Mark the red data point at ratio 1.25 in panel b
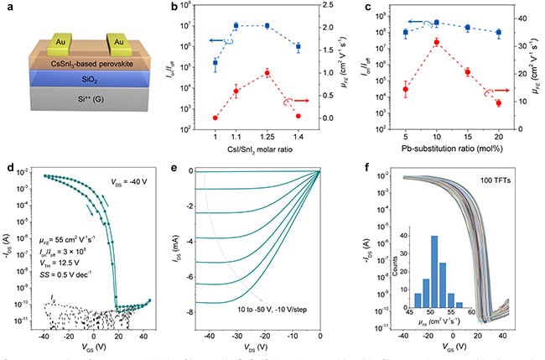click(x=267, y=73)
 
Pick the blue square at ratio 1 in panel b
click(x=215, y=63)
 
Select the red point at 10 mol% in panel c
click(x=435, y=41)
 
